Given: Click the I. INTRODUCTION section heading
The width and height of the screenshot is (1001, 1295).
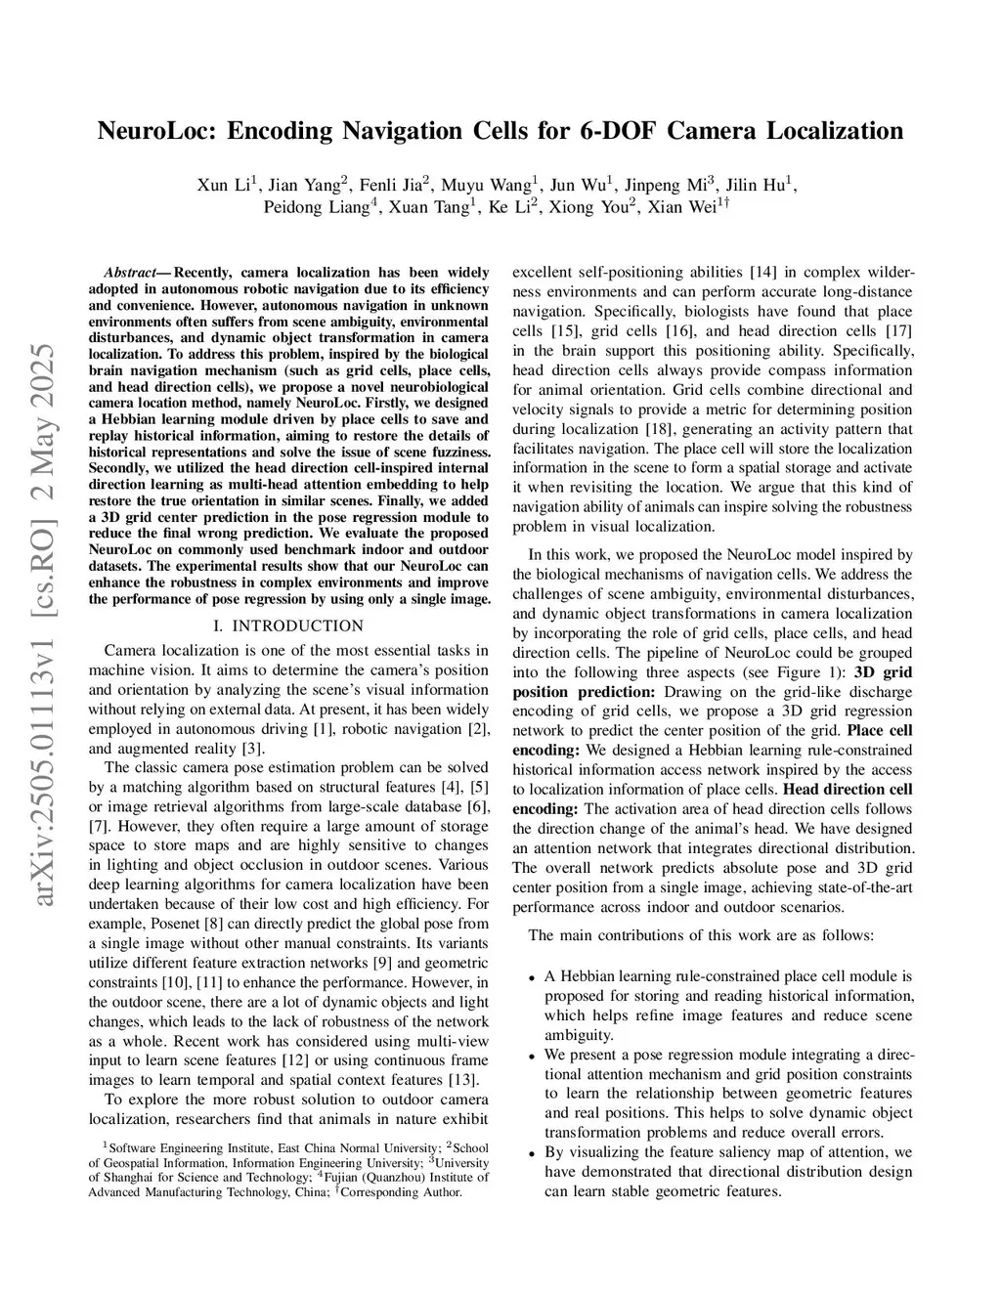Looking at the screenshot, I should [x=288, y=626].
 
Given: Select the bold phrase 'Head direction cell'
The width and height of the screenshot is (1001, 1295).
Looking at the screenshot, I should [x=848, y=789].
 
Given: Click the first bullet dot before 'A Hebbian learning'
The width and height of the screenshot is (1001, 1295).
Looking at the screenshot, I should [x=531, y=976].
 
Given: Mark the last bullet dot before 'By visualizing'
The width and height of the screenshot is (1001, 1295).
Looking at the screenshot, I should [x=531, y=1153].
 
